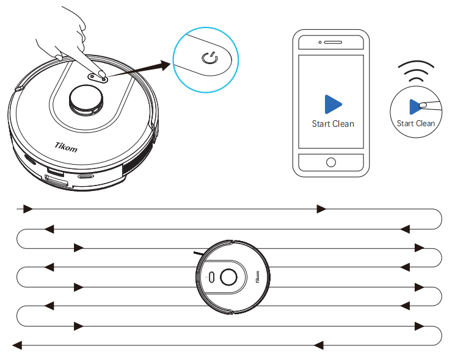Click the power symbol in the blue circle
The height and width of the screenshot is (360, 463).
click(210, 58)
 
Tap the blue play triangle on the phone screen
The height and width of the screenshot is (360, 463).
click(332, 104)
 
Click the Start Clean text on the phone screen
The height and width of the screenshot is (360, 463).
click(333, 124)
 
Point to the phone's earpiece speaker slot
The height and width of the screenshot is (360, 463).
click(333, 43)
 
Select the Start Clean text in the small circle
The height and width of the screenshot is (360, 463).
click(416, 123)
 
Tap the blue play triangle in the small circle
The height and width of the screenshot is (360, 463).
click(415, 107)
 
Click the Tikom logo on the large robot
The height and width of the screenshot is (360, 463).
click(66, 147)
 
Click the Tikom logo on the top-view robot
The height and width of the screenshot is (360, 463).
click(257, 277)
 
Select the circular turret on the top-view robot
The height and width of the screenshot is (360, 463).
click(228, 277)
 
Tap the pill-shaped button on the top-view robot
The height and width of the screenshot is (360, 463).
click(211, 277)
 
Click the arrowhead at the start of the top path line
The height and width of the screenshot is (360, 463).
click(28, 209)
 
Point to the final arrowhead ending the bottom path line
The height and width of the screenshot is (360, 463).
click(17, 345)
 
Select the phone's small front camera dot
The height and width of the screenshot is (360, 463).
click(320, 43)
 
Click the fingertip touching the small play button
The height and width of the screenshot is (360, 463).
click(423, 105)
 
